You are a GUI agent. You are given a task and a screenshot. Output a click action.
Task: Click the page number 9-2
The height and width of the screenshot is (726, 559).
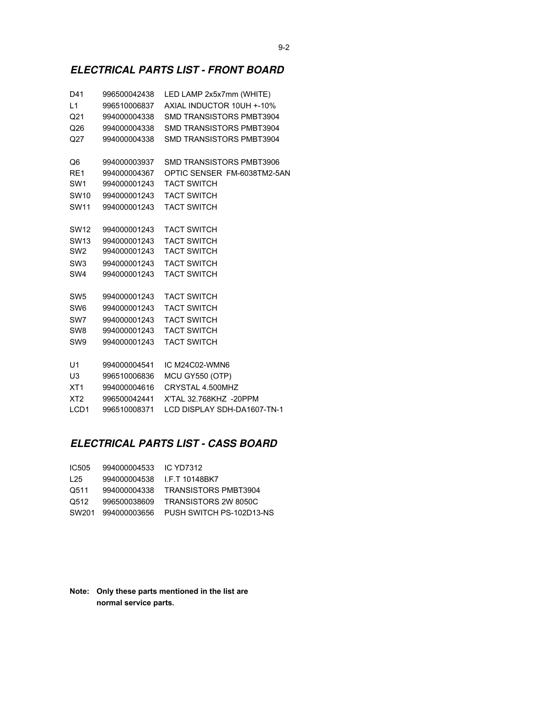point(284,48)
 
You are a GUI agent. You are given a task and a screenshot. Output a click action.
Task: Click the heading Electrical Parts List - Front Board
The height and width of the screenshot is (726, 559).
point(177,70)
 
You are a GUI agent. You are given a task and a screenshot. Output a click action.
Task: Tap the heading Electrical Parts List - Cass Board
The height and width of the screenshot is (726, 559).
point(174,444)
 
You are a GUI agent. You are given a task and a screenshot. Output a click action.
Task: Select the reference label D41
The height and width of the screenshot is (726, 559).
point(77,95)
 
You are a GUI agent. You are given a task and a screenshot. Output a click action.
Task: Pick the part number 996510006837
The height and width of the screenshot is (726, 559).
point(128,106)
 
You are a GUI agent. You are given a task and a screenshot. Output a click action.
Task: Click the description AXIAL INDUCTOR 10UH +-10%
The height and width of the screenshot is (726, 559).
point(220,106)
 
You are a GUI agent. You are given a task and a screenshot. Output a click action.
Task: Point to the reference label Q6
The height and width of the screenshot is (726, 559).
point(75,162)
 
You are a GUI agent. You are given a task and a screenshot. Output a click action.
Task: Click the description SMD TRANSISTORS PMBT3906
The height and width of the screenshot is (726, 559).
point(221,162)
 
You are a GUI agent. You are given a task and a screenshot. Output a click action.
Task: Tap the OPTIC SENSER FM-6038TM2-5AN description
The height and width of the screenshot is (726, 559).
point(227,173)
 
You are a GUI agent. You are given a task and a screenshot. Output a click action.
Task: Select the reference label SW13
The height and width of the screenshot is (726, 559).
point(80,241)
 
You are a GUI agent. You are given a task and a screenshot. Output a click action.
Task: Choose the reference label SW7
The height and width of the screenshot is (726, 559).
point(78,320)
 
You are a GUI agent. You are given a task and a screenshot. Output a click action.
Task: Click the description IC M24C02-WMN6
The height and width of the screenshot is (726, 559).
point(197,365)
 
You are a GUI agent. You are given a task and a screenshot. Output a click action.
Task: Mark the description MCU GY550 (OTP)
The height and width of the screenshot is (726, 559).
point(198,376)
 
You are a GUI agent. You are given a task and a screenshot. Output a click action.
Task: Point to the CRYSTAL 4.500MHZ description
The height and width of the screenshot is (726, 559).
point(201,388)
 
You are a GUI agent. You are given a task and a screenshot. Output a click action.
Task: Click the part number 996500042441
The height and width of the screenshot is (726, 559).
point(128,399)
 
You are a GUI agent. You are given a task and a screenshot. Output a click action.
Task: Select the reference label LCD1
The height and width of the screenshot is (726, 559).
point(79,410)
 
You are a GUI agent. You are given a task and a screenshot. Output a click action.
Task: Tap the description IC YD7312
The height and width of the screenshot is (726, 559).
point(183,468)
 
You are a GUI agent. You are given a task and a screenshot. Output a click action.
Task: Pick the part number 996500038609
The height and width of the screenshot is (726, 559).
point(128,502)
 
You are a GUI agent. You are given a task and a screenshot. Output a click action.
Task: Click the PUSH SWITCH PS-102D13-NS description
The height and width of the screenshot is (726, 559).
point(219,513)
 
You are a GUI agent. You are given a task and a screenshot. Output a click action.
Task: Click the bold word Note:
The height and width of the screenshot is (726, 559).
point(79,592)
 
